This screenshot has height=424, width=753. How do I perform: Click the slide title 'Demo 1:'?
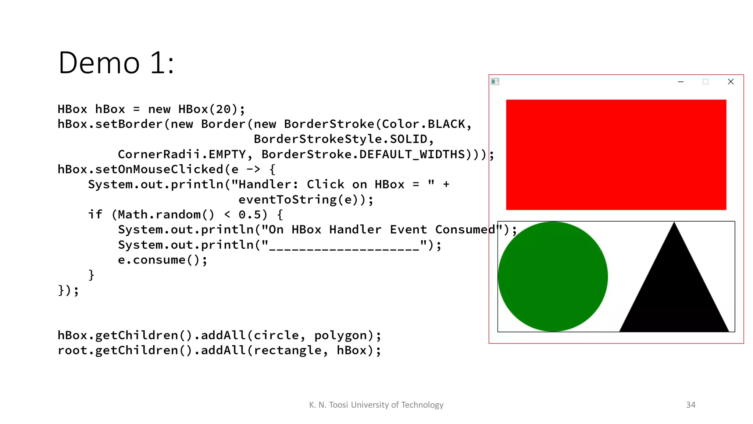tap(116, 63)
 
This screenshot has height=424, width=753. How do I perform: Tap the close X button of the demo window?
tap(731, 82)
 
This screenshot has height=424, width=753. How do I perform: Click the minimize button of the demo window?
tap(681, 82)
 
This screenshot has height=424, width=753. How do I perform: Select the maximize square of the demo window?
tap(705, 82)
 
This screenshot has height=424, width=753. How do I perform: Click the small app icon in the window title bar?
tap(495, 81)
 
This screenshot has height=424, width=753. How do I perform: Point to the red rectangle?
tap(616, 155)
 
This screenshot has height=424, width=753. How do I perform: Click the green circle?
tap(553, 276)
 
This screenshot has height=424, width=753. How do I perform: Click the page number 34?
tap(690, 405)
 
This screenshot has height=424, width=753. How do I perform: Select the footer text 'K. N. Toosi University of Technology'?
tap(376, 405)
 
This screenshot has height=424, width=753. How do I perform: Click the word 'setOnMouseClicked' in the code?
tap(159, 169)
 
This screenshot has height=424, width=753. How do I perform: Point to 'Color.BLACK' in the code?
tap(424, 124)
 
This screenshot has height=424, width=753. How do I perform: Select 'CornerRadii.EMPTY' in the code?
tap(182, 154)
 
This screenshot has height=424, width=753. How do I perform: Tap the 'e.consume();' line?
tap(163, 260)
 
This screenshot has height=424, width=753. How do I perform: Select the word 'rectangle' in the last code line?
tap(288, 350)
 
